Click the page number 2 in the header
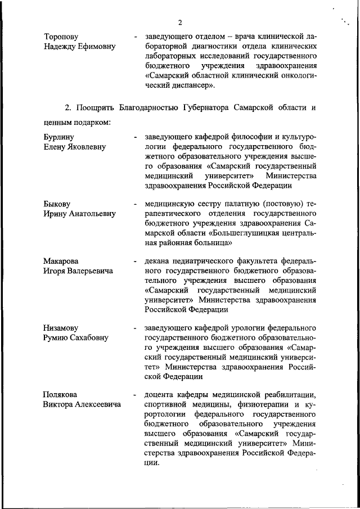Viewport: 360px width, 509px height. [180, 22]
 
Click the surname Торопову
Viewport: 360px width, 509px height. [61, 37]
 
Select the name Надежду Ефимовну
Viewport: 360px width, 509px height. [79, 47]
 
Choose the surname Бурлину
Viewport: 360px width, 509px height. [59, 137]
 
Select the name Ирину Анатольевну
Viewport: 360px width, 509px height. [79, 214]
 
